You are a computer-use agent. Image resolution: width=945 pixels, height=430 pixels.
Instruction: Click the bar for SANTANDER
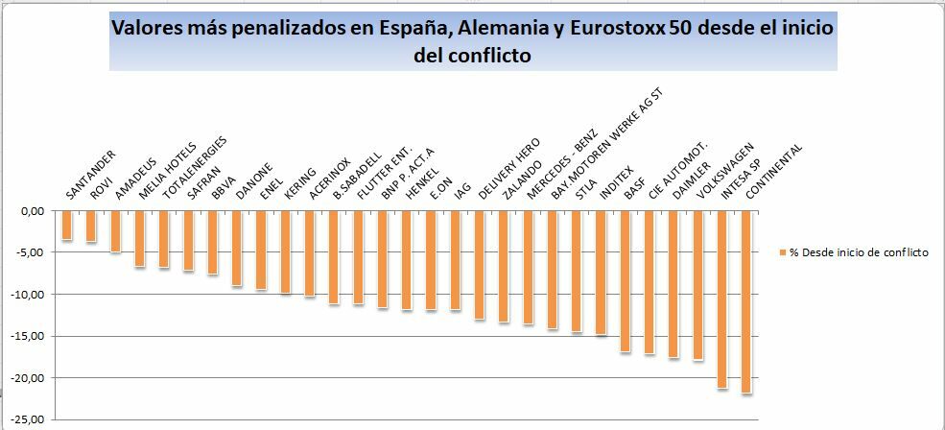(67, 226)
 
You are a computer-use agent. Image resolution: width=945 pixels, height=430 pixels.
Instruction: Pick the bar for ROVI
(91, 227)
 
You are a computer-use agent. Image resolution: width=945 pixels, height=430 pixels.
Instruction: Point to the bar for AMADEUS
(115, 231)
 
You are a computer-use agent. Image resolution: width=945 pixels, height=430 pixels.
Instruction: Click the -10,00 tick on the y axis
(35, 294)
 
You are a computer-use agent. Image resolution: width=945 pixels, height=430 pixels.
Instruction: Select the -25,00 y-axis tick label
(35, 419)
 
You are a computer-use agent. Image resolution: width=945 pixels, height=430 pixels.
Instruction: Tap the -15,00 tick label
(35, 336)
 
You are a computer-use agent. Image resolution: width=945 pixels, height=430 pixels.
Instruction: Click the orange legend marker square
(783, 251)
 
